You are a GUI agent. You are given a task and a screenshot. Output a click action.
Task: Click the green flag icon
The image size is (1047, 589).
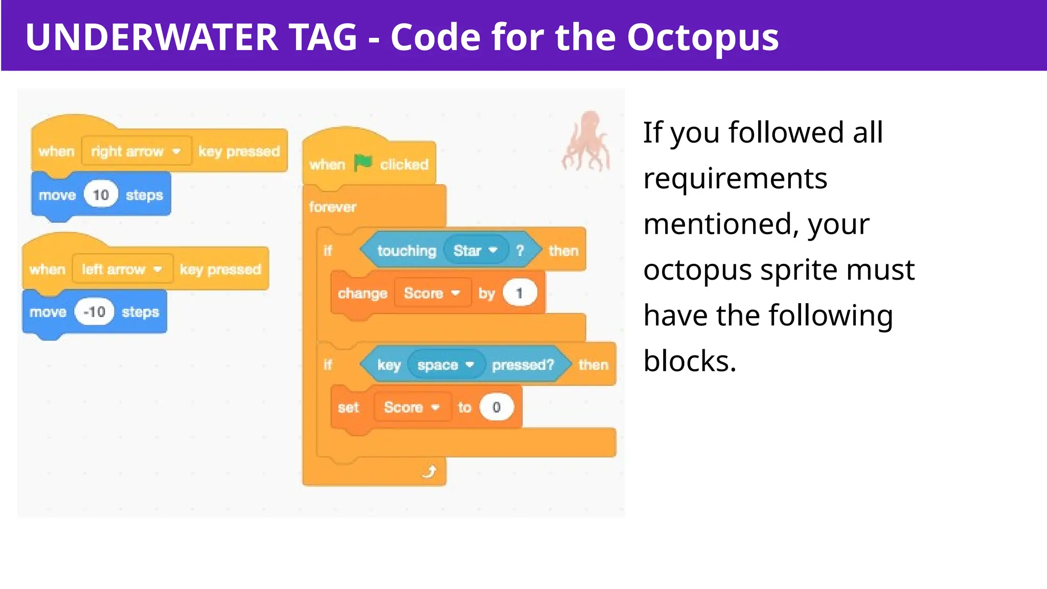[x=363, y=163]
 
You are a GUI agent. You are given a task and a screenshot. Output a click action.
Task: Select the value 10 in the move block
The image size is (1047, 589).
[x=101, y=195]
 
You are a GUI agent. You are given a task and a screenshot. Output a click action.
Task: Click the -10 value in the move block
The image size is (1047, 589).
[x=94, y=312]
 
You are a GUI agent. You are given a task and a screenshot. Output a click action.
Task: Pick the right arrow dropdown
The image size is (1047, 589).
[x=136, y=151]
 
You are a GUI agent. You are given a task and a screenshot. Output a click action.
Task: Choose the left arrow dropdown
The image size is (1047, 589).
[x=122, y=269]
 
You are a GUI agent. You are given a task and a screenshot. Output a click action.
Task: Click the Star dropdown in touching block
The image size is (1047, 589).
[x=475, y=251]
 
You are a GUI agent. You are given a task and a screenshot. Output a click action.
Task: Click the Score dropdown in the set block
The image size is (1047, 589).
[x=412, y=407]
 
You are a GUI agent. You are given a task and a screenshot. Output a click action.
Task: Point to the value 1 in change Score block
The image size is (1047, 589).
[x=519, y=293]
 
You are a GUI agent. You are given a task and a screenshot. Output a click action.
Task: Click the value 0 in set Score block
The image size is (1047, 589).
[x=496, y=407]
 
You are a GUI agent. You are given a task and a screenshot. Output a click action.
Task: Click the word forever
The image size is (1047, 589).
[x=332, y=207]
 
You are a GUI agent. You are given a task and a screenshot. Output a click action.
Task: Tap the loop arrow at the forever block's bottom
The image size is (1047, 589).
[x=429, y=471]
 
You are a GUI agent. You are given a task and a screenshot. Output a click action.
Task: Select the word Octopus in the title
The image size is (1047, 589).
[x=702, y=37]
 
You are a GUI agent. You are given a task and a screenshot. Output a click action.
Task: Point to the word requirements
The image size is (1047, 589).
[x=735, y=178]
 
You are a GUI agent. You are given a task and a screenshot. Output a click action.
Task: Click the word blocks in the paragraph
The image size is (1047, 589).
[x=689, y=361]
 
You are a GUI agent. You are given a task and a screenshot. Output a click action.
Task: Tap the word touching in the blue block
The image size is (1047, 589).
[x=406, y=251]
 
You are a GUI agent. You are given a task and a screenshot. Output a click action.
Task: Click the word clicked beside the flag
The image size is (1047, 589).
[x=404, y=165]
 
